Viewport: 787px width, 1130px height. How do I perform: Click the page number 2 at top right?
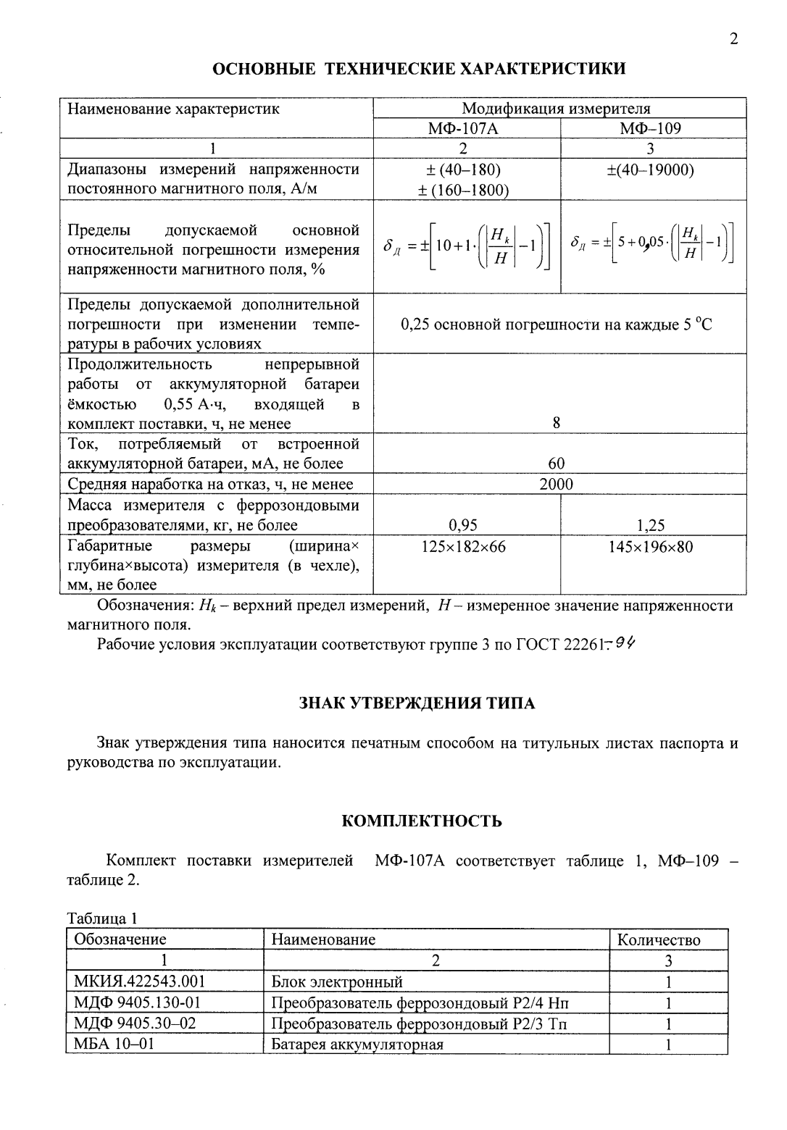733,40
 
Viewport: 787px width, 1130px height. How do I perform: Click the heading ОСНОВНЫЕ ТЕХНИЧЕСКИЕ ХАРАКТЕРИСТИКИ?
419,70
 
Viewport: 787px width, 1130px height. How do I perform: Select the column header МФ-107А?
465,129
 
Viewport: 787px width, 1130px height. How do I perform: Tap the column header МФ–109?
650,129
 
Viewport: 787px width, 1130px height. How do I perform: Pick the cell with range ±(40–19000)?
650,170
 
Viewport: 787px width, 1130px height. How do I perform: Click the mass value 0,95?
464,525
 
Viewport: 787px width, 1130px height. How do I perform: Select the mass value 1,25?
650,525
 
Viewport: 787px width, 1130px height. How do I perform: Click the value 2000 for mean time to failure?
556,484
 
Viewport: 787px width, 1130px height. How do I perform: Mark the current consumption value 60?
556,464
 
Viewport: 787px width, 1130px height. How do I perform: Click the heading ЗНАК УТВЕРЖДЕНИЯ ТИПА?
417,703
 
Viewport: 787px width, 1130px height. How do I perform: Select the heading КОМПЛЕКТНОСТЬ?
421,821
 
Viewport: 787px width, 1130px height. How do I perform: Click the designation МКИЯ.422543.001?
139,982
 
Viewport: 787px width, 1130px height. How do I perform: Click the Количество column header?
659,940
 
